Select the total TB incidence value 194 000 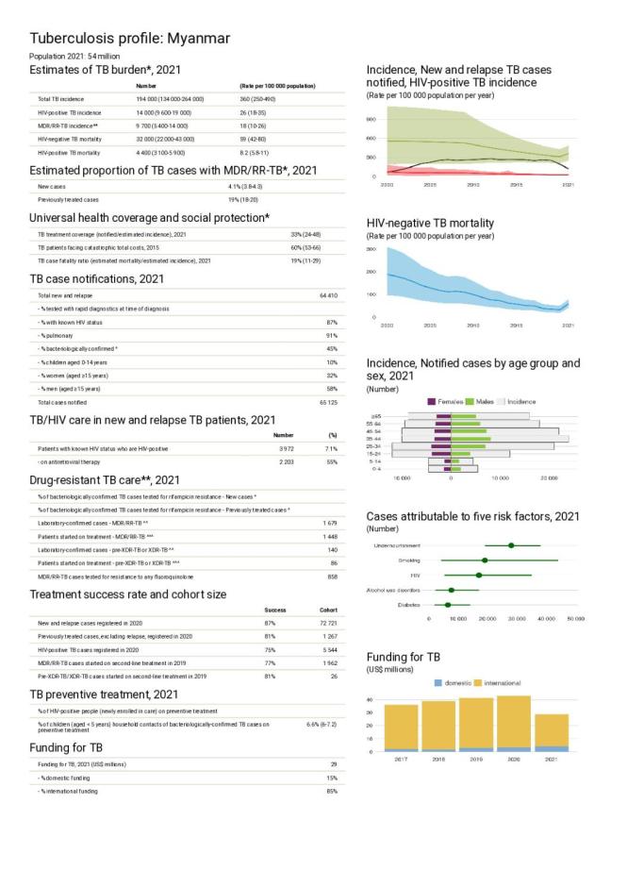coord(150,98)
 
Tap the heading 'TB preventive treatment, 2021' coord(105,695)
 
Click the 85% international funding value coord(331,790)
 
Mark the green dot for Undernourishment coord(511,545)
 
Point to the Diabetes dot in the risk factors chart coord(448,605)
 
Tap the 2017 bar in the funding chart coord(401,728)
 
